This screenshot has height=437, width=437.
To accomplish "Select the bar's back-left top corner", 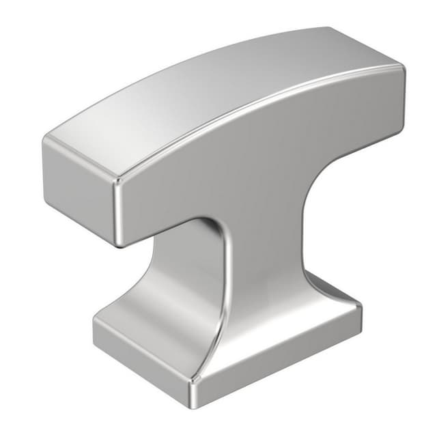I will coord(46,140).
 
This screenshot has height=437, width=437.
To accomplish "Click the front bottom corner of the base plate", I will coord(195,396).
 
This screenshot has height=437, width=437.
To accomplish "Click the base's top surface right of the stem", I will coord(328,300).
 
